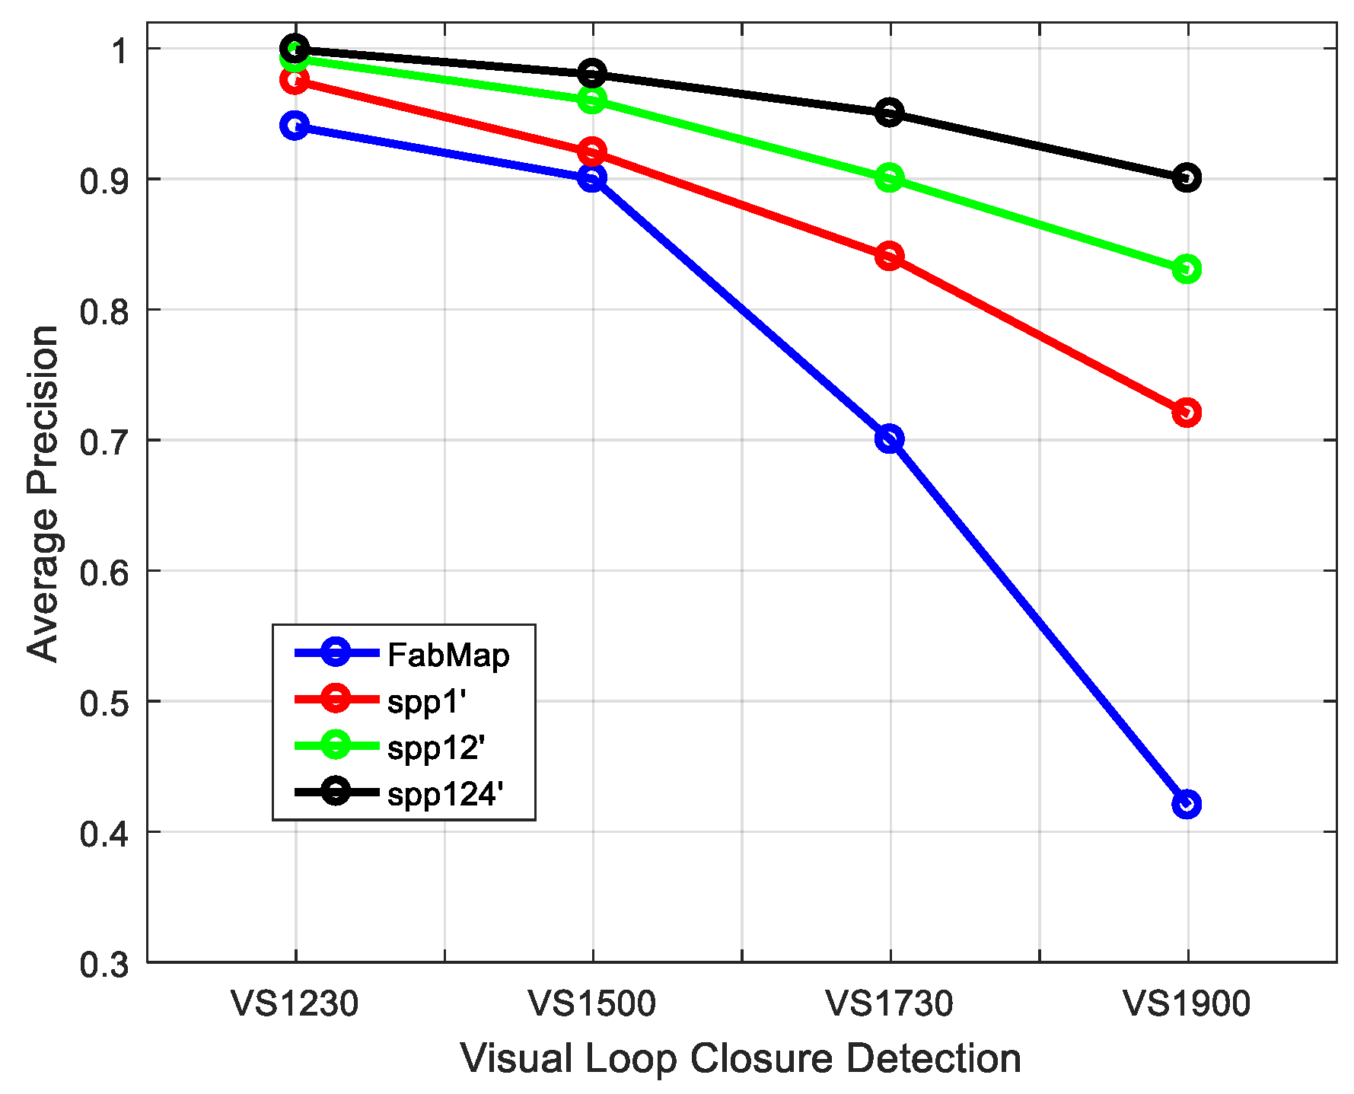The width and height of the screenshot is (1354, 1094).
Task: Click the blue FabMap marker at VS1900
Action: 1187,804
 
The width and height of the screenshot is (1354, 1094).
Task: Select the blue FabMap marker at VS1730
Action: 889,439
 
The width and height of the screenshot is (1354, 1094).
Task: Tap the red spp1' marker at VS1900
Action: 1187,413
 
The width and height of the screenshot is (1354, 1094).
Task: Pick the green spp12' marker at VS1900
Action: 1187,269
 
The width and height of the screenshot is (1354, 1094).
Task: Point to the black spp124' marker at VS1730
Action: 889,113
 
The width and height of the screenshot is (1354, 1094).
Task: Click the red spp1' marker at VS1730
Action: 889,256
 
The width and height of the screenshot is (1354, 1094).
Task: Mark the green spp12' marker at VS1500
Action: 592,99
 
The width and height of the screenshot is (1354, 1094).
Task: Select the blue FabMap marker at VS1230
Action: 295,126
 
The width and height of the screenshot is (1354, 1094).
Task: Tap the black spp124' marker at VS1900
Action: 1187,178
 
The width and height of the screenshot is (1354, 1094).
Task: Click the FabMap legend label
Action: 448,655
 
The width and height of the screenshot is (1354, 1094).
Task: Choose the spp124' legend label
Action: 445,794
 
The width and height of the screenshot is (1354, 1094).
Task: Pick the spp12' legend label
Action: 436,748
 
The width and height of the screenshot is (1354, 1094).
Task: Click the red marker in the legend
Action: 336,698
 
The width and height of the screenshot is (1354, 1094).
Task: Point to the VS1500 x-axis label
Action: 592,1004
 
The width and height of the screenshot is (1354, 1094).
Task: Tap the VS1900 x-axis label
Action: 1187,1004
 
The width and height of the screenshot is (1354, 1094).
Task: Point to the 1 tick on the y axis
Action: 119,50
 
